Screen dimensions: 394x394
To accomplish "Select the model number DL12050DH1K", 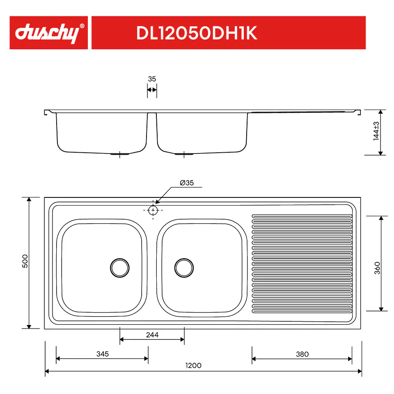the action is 197,33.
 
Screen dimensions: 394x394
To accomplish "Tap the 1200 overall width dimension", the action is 193,365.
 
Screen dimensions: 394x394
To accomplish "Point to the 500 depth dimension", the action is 25,261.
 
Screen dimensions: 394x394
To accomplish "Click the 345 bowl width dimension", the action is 103,354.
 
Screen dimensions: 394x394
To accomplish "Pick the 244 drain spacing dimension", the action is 152,335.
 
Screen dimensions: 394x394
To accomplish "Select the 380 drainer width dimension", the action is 302,354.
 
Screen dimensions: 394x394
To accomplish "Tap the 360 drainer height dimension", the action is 377,268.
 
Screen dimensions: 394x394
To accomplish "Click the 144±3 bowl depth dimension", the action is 376,131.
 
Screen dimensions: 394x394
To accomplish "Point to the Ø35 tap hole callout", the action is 187,183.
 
